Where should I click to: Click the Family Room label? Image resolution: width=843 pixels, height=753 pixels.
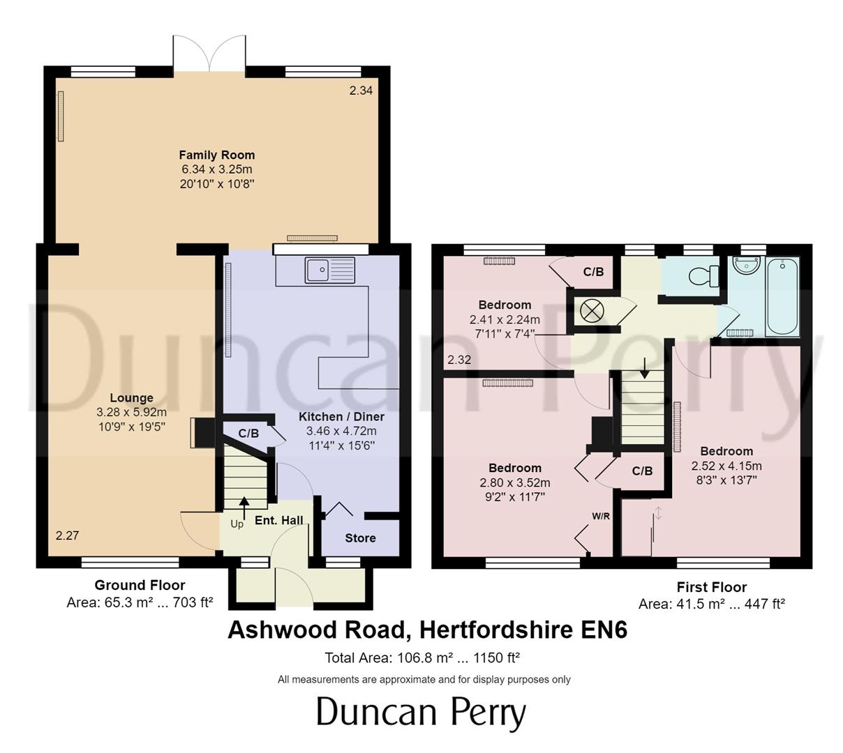click(x=217, y=155)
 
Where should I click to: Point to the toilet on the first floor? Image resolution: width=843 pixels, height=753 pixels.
click(x=703, y=276)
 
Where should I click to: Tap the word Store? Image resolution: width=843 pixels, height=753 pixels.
click(x=360, y=538)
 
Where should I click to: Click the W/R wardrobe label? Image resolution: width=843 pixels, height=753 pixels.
click(x=602, y=517)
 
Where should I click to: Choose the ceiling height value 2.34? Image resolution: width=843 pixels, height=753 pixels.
click(x=361, y=90)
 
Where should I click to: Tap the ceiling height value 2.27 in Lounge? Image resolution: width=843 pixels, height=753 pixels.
click(x=67, y=535)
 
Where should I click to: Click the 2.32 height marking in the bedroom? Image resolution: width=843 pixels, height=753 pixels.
click(x=459, y=360)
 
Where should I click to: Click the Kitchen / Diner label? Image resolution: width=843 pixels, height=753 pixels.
click(x=341, y=416)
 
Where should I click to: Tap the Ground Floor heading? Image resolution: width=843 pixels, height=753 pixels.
click(x=140, y=585)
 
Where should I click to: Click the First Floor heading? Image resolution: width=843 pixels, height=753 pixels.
click(x=711, y=587)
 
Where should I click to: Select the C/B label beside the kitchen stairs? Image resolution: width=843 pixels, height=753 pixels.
click(x=248, y=433)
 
